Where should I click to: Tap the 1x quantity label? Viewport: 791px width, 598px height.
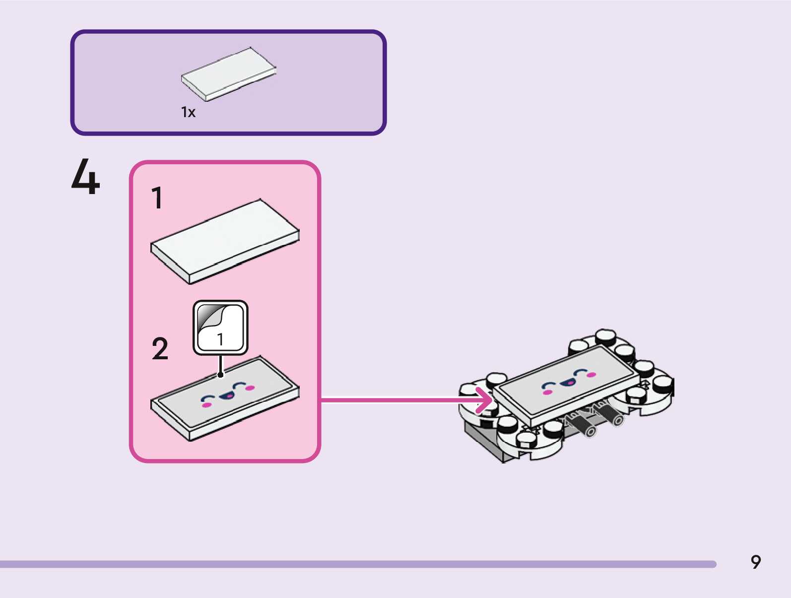188,113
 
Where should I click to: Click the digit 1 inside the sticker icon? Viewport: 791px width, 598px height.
220,339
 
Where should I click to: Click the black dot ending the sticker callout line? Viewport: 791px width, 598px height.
220,375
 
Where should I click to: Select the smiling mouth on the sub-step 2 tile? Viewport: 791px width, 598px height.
227,396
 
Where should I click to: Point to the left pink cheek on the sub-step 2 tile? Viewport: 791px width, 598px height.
206,405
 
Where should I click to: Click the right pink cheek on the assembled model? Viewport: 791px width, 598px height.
591,375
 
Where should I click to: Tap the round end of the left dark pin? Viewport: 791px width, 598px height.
590,432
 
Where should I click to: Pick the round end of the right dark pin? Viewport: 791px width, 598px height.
618,420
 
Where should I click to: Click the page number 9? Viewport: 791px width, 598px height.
755,562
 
